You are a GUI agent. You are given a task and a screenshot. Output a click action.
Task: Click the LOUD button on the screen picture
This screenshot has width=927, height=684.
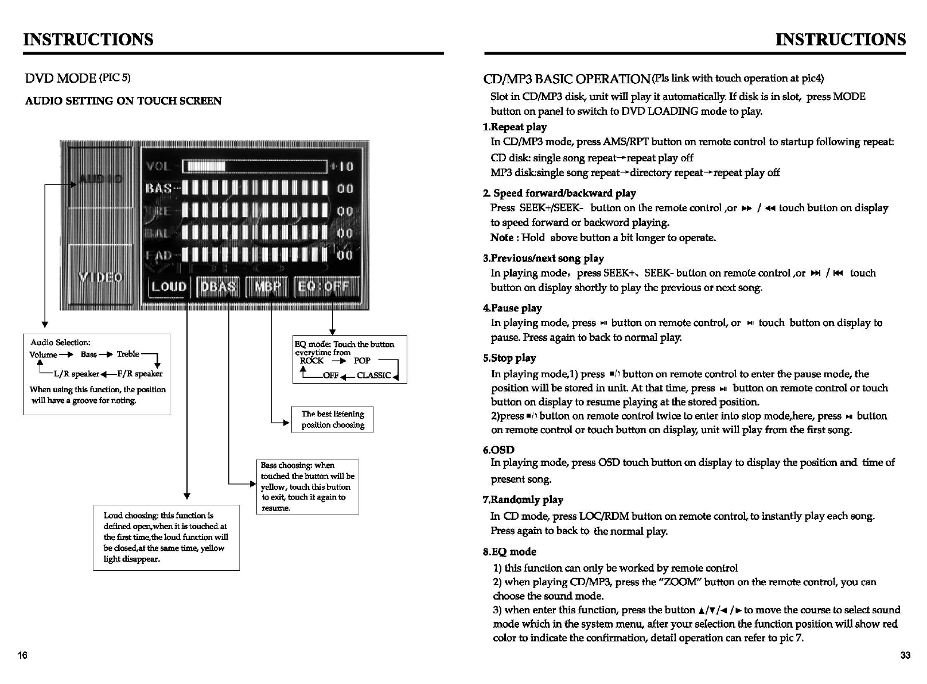169,287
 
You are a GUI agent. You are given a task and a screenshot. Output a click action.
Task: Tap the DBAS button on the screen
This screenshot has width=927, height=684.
218,287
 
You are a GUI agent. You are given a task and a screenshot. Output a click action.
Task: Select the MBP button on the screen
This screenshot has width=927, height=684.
267,287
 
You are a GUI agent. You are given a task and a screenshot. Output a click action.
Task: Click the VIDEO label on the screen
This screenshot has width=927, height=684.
101,277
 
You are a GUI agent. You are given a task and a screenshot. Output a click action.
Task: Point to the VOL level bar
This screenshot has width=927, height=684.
254,167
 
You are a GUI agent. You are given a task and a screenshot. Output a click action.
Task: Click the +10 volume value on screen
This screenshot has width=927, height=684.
342,167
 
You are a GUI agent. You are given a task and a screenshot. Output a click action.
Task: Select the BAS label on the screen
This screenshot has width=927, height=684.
159,188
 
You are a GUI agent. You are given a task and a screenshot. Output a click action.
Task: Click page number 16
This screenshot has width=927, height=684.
22,655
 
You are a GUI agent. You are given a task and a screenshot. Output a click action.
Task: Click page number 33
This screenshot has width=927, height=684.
905,655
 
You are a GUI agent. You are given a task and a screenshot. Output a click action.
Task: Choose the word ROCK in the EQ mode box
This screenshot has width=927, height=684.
311,361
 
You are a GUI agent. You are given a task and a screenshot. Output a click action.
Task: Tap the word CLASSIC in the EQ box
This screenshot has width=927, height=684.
373,376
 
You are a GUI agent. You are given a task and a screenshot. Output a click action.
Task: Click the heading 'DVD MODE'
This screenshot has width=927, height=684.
61,78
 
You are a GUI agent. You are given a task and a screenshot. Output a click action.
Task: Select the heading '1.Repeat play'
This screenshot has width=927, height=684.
515,127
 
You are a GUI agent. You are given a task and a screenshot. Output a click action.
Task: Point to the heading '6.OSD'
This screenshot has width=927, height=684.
498,450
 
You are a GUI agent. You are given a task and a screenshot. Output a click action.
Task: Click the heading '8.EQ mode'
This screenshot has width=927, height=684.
509,552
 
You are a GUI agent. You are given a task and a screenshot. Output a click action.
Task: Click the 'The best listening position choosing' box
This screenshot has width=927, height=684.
333,419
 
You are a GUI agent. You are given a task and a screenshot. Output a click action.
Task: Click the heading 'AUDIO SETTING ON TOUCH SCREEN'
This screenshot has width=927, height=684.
123,101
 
